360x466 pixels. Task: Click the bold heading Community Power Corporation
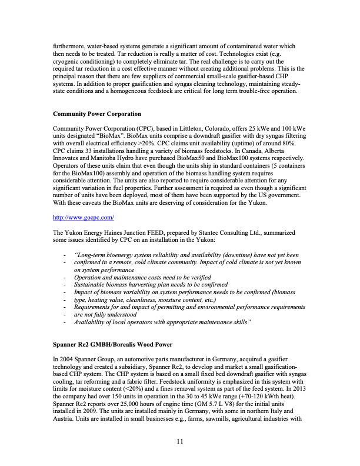[98, 114]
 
